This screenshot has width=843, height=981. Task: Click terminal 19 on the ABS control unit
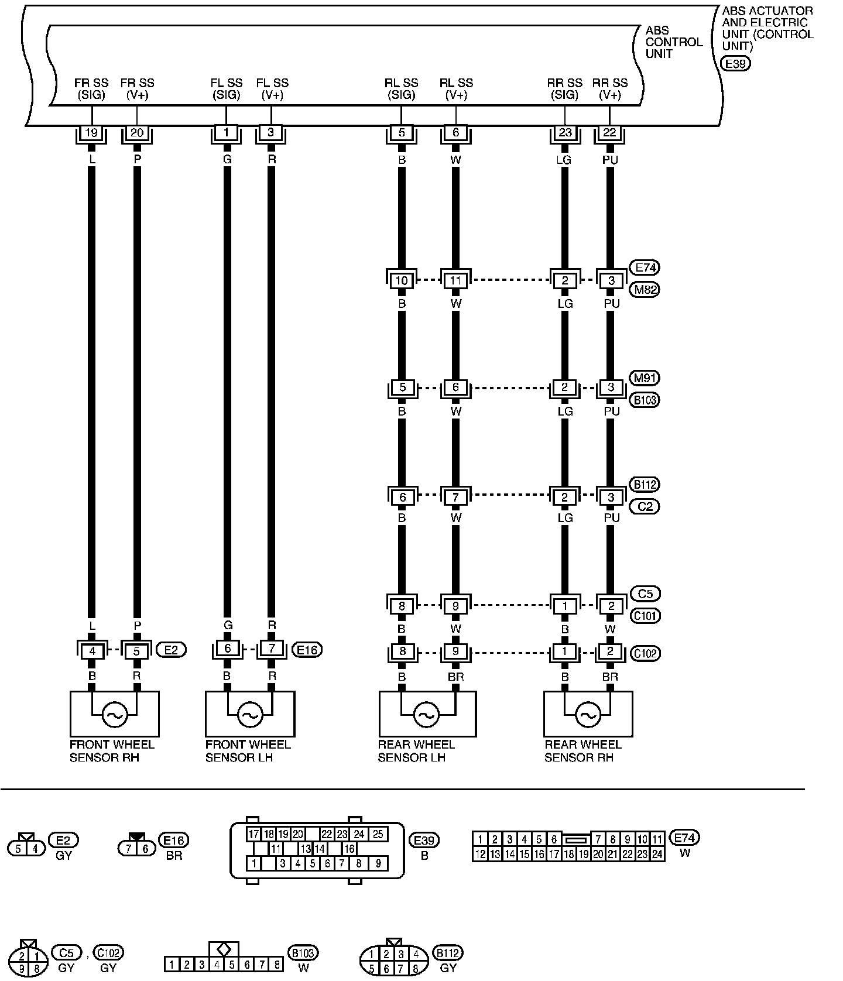(91, 133)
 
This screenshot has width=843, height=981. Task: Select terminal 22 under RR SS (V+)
(609, 133)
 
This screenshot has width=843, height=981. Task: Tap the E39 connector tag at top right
(736, 64)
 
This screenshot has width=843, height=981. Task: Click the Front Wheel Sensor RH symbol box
(114, 714)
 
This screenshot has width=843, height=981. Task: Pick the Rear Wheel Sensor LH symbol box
(427, 714)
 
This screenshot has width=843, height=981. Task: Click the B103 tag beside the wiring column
(645, 400)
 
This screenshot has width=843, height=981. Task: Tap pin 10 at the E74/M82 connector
(402, 281)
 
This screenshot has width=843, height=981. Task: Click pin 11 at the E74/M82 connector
(455, 281)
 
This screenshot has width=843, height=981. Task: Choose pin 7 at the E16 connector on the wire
(272, 649)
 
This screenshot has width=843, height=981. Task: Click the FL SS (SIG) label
(226, 89)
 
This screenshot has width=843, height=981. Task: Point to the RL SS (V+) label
(456, 89)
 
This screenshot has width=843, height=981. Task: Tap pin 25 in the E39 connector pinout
(378, 834)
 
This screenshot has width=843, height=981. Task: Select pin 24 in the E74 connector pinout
(657, 855)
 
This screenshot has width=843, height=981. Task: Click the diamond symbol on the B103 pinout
(224, 949)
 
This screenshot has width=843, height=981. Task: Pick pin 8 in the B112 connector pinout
(415, 969)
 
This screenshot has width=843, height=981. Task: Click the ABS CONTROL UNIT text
(673, 42)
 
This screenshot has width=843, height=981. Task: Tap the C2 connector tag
(645, 506)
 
